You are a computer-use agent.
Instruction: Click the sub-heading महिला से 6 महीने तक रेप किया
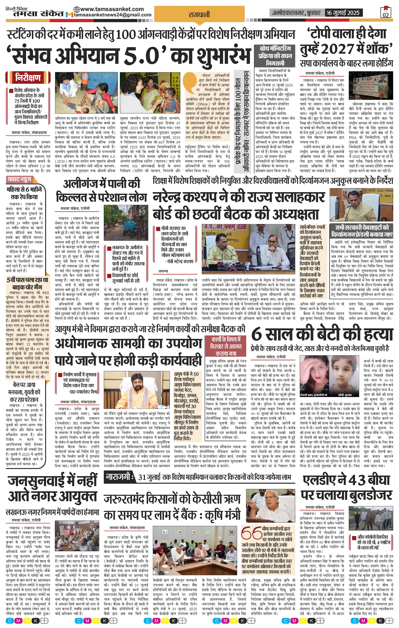coord(24,193)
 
